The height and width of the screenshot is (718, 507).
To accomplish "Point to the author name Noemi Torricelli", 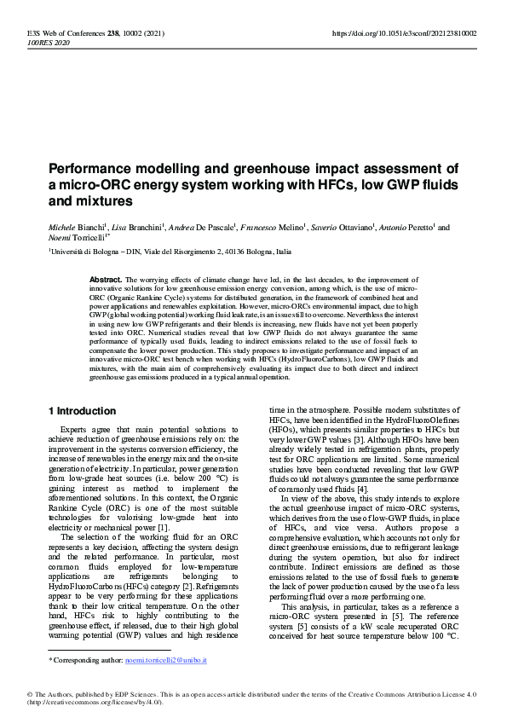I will click(x=76, y=240).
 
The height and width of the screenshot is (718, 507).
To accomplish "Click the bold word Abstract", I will click(x=106, y=279).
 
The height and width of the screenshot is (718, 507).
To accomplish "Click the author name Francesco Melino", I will click(x=275, y=228).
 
